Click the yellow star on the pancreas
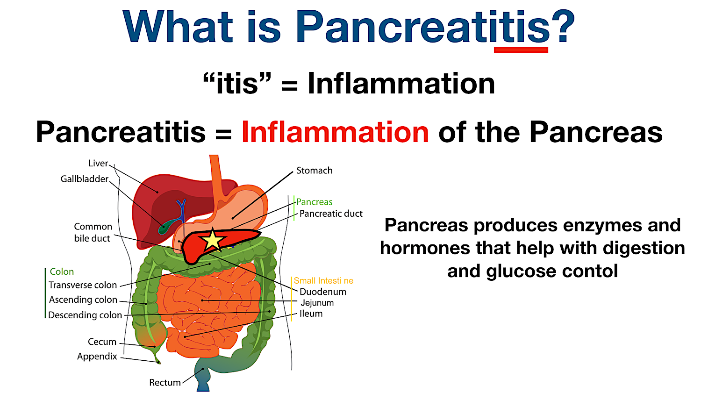click(213, 240)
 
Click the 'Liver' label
click(98, 164)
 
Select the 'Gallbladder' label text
click(85, 179)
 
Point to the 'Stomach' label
click(314, 171)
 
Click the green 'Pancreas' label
click(314, 202)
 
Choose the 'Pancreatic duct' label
click(331, 214)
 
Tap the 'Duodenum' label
click(323, 292)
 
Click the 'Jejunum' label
click(317, 303)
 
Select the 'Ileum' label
click(311, 314)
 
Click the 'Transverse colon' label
click(83, 285)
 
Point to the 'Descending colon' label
click(85, 315)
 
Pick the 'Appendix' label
click(97, 356)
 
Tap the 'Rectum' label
click(165, 382)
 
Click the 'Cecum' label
click(102, 342)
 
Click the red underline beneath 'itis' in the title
click(521, 50)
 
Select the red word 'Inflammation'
click(335, 132)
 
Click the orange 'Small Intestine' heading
click(323, 280)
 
